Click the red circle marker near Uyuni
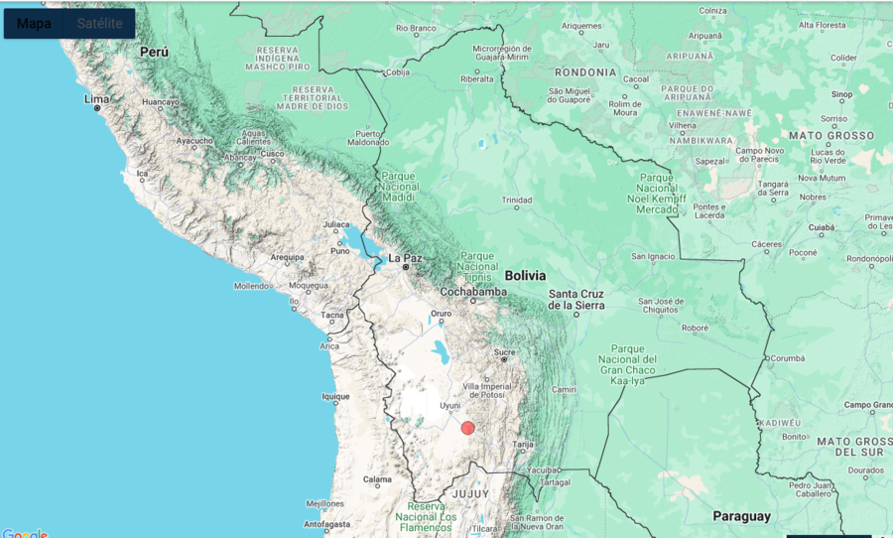[x=467, y=428]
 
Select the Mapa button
[x=34, y=23]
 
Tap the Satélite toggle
[x=99, y=23]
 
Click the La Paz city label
[x=406, y=258]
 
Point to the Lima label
[x=96, y=99]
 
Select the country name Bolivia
[x=525, y=275]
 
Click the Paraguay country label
[x=741, y=516]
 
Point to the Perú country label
[x=154, y=52]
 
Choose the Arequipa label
[x=287, y=257]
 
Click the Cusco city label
[x=272, y=154]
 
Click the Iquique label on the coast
[x=335, y=396]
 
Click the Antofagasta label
[x=326, y=524]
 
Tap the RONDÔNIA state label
[x=585, y=72]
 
